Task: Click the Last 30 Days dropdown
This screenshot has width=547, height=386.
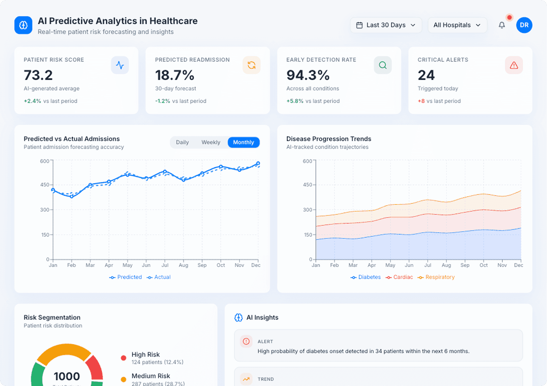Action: pos(386,25)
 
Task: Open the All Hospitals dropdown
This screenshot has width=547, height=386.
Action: pos(457,25)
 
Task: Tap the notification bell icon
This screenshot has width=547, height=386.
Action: pos(502,25)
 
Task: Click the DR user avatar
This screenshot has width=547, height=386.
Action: pos(524,25)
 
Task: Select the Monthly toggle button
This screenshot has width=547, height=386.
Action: pos(243,142)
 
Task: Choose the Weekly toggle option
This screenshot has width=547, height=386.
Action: pos(211,142)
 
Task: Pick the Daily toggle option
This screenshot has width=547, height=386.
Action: pos(182,142)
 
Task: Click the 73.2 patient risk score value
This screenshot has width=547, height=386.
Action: pos(38,75)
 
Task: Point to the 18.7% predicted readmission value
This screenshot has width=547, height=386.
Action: pos(174,75)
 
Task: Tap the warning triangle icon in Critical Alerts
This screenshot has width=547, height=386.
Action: pos(514,65)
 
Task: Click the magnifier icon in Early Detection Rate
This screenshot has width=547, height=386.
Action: pos(383,65)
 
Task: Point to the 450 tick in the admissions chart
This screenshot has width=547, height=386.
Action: pos(45,185)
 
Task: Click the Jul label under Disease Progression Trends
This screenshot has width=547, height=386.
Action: pos(428,265)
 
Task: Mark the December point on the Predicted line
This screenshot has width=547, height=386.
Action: pos(258,164)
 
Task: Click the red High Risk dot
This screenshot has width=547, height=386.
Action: pos(123,358)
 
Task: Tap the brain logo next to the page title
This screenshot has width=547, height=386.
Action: pos(23,25)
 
